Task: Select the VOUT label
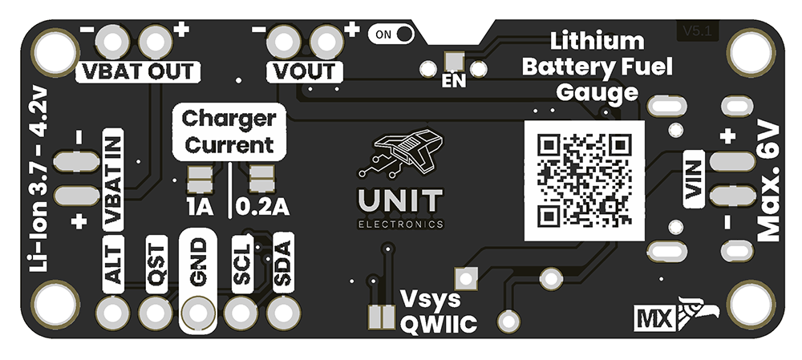pos(304,71)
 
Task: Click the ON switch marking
pos(392,34)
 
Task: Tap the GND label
pos(197,261)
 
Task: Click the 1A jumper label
pos(197,208)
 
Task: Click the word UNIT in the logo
pos(400,200)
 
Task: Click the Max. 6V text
pos(768,181)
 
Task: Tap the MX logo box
pos(652,318)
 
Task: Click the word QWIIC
pos(438,325)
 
